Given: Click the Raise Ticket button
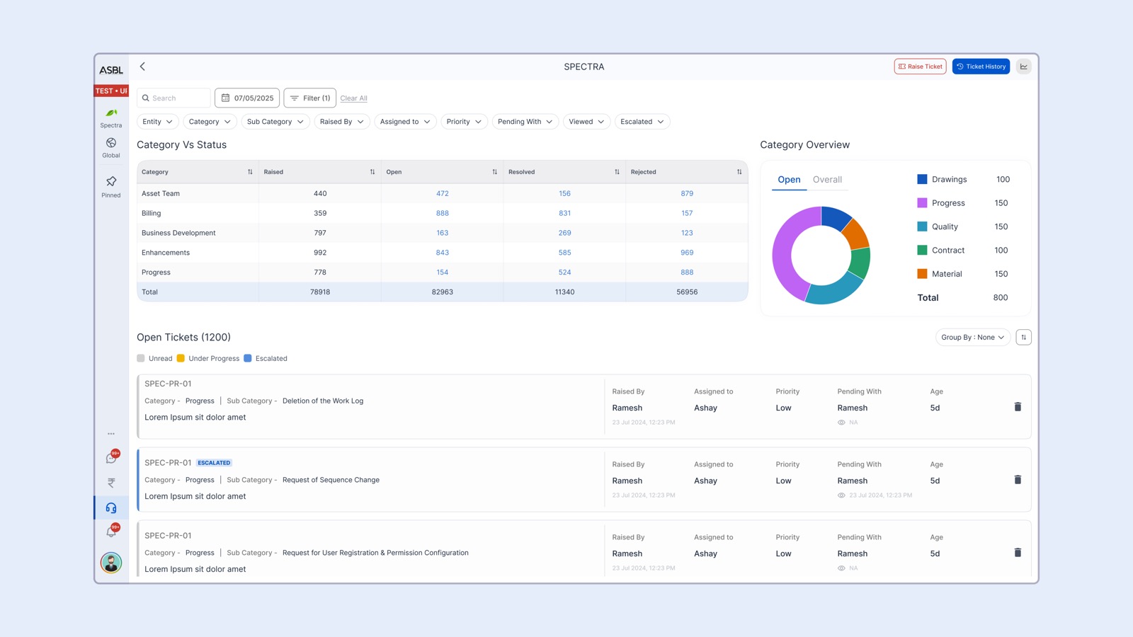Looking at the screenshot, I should (x=920, y=67).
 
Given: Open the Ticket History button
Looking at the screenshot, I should (x=981, y=67).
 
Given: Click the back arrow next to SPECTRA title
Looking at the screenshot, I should (x=142, y=67).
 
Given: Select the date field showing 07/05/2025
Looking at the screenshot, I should (x=247, y=98).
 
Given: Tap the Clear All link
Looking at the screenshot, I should (x=353, y=98).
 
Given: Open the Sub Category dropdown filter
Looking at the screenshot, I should (x=275, y=122).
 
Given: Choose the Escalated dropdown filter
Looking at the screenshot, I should (x=642, y=122).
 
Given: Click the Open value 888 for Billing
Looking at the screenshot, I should (x=443, y=213).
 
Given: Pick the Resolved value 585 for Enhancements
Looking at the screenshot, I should (x=564, y=253).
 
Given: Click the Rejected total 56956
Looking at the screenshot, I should (x=686, y=292).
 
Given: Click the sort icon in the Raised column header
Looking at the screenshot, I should (x=372, y=172).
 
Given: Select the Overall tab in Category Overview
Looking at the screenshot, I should (x=827, y=180).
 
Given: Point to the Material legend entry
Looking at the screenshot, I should (x=946, y=274).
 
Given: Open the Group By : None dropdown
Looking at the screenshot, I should (x=972, y=338).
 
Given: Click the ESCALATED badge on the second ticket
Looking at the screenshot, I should (x=214, y=463).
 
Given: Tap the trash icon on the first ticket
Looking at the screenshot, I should (x=1018, y=407).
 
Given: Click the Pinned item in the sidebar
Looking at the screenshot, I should (x=111, y=187).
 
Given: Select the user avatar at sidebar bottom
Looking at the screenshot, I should (x=111, y=563).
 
